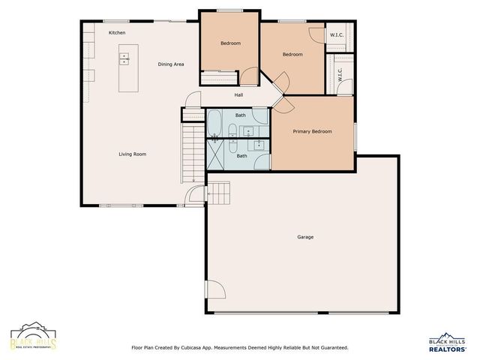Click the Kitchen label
coord(116,33)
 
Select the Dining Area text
coord(171,64)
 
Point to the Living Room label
coord(132,154)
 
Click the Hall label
coord(238,95)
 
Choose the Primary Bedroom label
coord(312,131)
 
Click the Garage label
coord(305,237)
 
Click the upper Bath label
coord(240,115)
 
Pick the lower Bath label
coord(241,156)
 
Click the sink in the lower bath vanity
coord(259,144)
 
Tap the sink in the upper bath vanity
coord(249,131)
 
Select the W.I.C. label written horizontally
coord(337,35)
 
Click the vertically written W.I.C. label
coord(340,74)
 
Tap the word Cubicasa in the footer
coord(205,348)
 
